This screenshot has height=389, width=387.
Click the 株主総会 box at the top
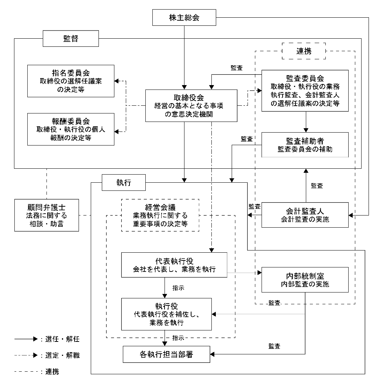184,18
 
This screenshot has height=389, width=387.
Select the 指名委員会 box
71,81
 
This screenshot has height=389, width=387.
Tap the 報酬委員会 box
71,129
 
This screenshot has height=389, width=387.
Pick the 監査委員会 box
305,91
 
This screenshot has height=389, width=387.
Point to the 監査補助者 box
305,145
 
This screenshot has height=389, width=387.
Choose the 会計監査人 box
305,215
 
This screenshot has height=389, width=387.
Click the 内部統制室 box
305,280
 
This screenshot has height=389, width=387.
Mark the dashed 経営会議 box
160,215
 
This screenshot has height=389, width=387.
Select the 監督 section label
71,38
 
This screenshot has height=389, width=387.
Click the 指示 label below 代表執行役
179,288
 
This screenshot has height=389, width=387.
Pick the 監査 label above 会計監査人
317,186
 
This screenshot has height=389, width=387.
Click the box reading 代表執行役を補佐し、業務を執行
167,314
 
